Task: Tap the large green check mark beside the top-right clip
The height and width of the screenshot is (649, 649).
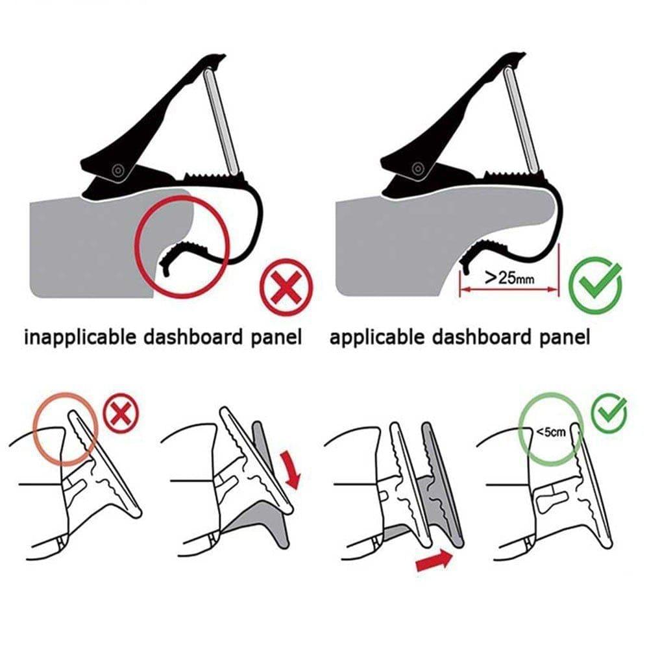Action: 594,286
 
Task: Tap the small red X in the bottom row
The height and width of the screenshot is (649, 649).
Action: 121,413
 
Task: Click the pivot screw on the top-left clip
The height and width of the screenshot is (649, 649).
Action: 117,171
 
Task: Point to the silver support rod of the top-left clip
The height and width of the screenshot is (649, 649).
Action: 220,121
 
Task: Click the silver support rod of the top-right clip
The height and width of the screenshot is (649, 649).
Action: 521,121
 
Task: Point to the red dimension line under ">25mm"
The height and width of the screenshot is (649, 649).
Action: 509,290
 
